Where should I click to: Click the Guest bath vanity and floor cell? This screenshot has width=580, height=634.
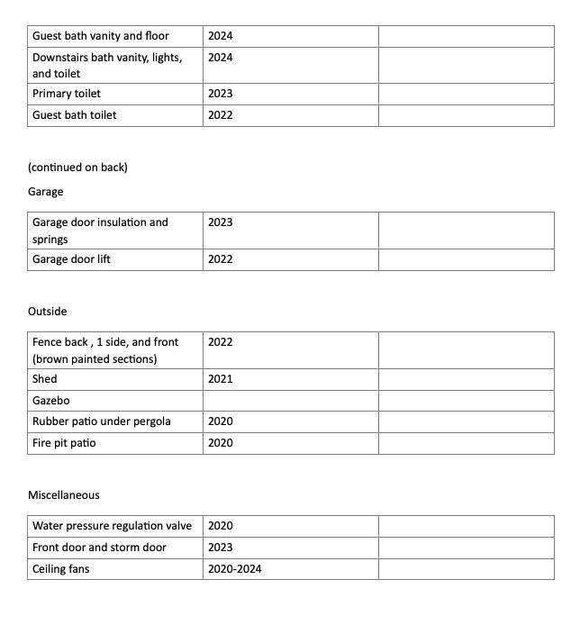coord(101,36)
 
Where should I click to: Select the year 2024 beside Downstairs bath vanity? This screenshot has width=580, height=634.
coord(220,58)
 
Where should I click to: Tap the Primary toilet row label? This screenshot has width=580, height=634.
coord(67,94)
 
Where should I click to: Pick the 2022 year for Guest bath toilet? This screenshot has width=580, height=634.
coord(220,115)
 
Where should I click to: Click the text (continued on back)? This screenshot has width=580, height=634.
coord(77,168)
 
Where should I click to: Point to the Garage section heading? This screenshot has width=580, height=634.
coord(46,192)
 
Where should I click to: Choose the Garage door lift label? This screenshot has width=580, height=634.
coord(71,259)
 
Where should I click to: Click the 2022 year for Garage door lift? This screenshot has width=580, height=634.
coord(220,259)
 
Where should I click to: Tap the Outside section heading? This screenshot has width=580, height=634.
coord(48,312)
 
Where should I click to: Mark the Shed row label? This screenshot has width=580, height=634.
coord(45,379)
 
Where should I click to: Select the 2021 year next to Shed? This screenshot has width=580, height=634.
coord(220,379)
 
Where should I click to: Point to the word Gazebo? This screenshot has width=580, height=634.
coord(51,401)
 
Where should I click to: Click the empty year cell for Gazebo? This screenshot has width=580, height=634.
coord(290,401)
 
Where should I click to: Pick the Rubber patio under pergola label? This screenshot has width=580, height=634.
coord(102,421)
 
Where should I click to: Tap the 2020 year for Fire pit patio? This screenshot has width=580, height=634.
coord(220,443)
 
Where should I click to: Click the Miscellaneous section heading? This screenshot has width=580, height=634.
coord(64,495)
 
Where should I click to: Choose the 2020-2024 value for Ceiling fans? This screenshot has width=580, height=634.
coord(234,569)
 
